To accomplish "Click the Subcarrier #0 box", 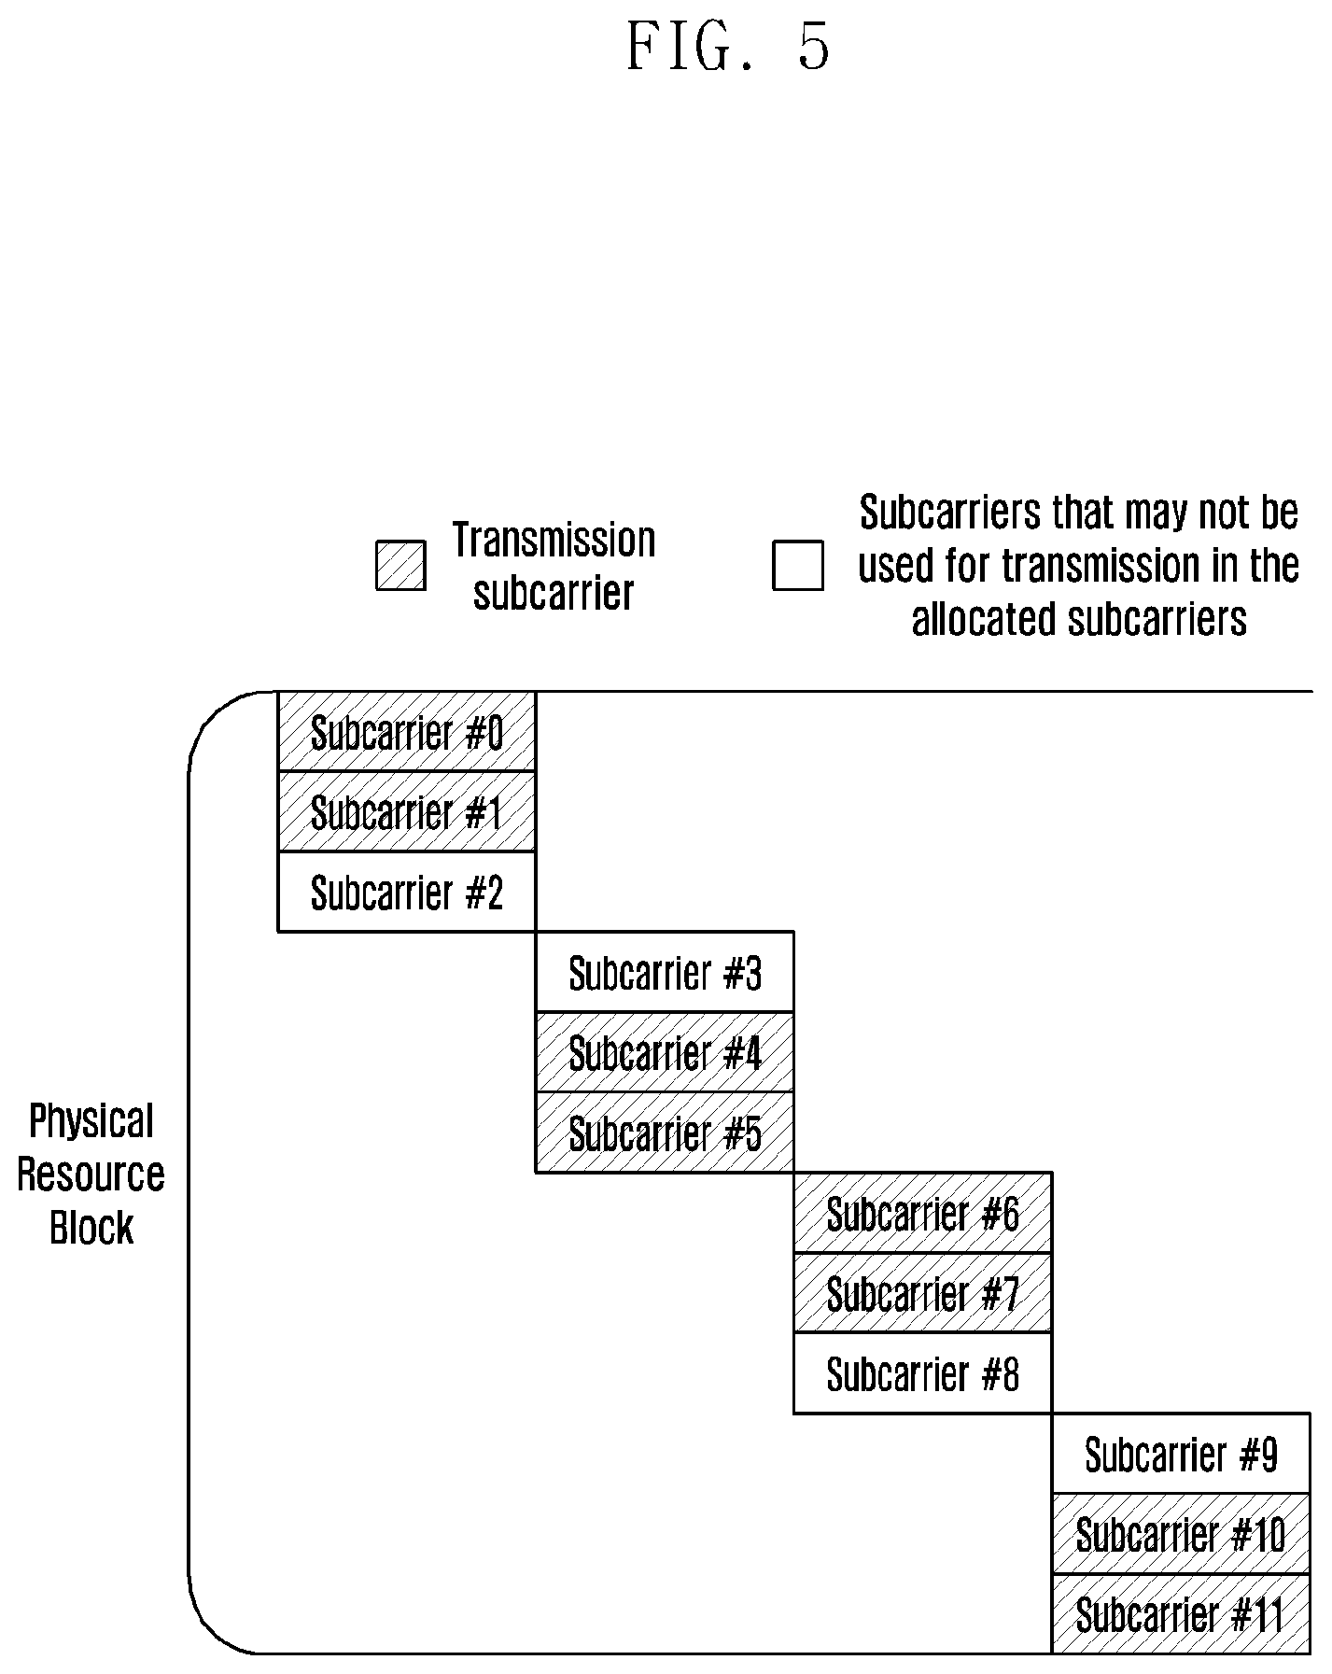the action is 407,732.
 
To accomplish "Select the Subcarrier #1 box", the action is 407,812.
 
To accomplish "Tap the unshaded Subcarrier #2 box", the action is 407,892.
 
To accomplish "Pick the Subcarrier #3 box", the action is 665,972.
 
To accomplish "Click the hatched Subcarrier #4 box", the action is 665,1052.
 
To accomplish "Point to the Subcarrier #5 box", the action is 665,1132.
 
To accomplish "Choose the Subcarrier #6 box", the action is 923,1213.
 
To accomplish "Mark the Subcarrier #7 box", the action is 923,1293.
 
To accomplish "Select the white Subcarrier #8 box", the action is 923,1373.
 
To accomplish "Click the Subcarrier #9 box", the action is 1181,1454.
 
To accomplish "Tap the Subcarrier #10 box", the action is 1181,1534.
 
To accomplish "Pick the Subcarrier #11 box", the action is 1181,1614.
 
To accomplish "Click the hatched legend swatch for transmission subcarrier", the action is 401,566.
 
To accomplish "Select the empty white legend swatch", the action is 798,566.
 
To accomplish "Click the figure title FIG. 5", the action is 728,47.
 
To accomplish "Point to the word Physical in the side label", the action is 91,1121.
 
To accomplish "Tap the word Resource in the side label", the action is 91,1174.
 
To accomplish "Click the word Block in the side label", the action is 91,1227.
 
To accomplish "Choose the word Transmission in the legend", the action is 554,540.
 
